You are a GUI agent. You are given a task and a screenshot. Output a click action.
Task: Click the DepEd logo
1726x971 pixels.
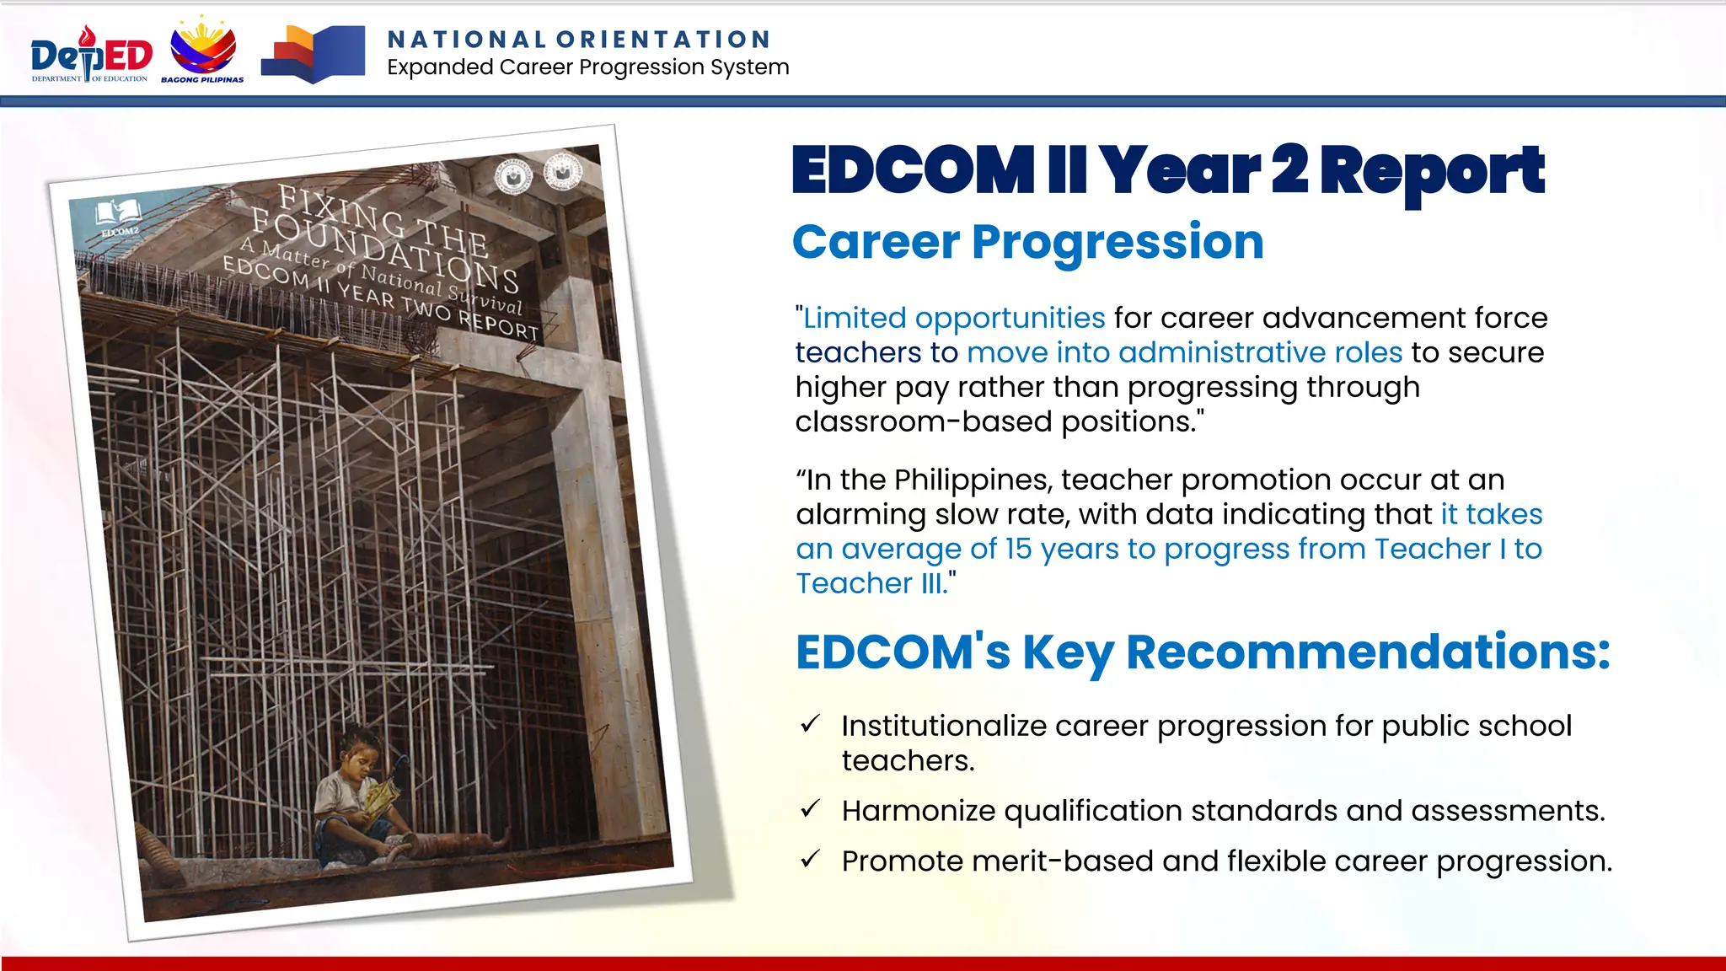tap(91, 55)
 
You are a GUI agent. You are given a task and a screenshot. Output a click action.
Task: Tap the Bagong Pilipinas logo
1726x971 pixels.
tap(203, 51)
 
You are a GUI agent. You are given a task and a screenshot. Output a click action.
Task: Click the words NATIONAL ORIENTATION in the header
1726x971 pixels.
tap(579, 40)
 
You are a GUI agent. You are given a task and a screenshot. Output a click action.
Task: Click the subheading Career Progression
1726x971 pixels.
tap(1027, 243)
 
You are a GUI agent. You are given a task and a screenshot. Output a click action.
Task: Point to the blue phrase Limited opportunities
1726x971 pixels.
tap(953, 319)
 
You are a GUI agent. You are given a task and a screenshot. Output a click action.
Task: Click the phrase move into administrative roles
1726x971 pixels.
tap(1184, 352)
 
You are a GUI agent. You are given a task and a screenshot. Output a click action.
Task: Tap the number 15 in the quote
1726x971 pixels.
tap(1018, 549)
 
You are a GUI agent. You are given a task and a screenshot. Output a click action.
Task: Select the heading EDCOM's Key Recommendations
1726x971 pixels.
tap(1203, 652)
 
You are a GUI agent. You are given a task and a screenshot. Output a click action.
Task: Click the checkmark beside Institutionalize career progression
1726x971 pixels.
tap(811, 724)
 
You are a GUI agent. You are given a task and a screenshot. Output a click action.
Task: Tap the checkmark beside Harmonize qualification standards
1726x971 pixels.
tap(811, 809)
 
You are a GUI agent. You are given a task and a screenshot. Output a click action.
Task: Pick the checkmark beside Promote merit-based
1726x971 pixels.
tap(811, 860)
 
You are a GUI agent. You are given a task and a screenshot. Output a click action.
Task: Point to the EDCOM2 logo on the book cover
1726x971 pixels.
tap(119, 217)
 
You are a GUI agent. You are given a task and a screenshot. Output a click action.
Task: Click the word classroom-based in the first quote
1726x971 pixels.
tap(924, 421)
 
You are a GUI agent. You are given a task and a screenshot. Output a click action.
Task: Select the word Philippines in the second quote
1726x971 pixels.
tap(973, 480)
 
